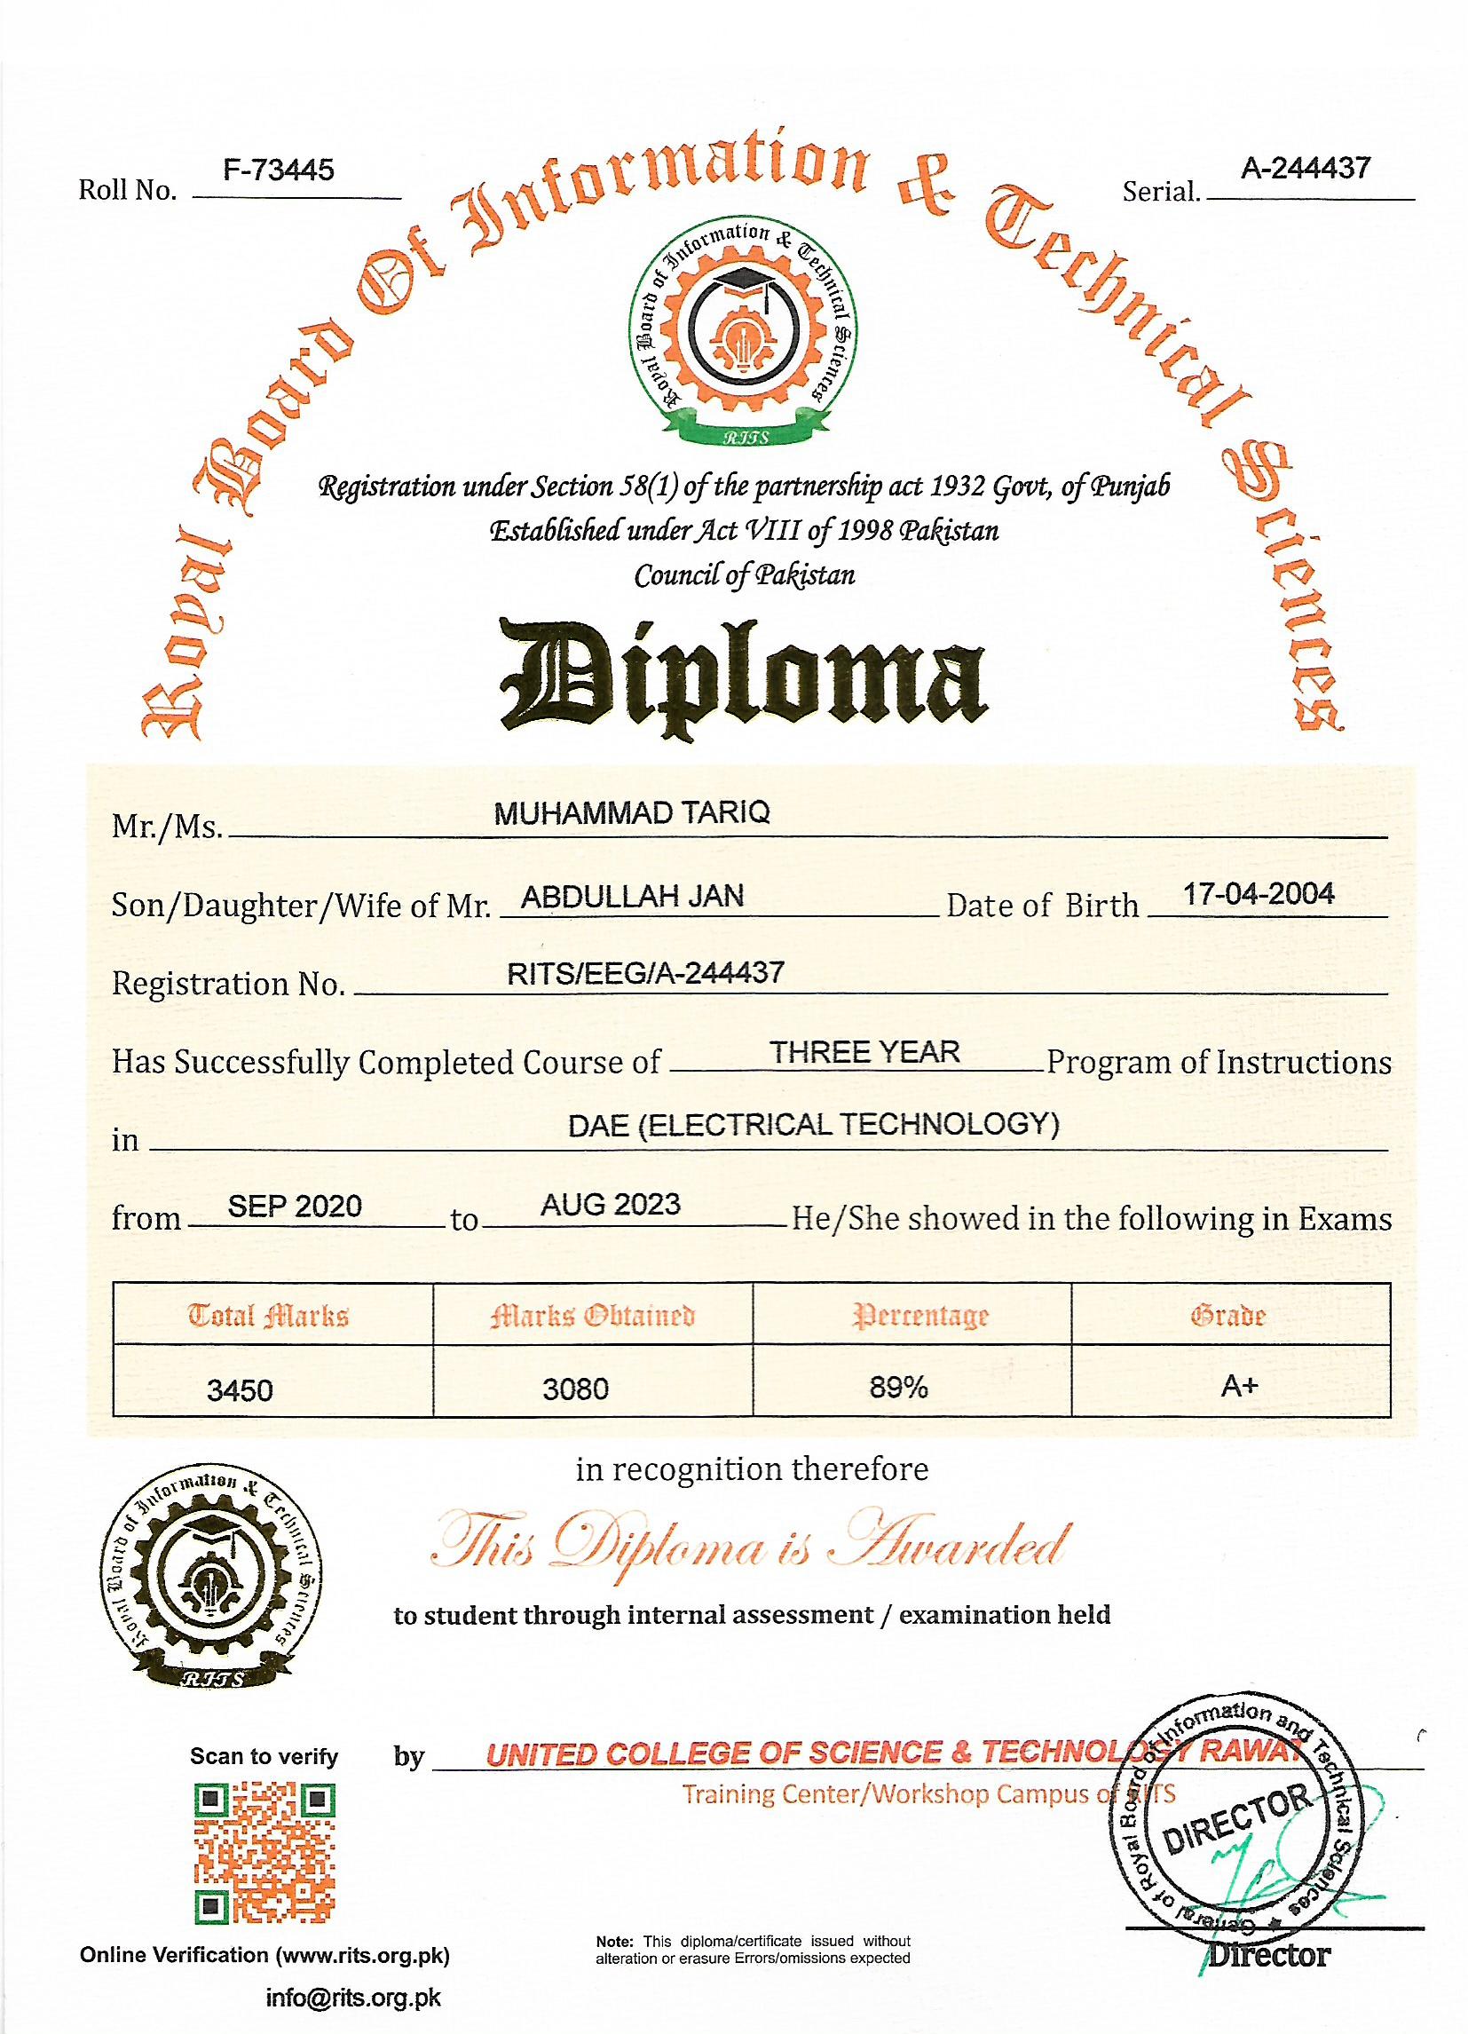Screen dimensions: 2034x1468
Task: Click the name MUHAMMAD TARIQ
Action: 631,812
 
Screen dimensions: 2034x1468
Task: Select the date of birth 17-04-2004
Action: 1259,892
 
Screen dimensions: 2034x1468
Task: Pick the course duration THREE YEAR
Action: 864,1051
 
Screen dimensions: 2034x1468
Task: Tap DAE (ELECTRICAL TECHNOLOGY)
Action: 813,1124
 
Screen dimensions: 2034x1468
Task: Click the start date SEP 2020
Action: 294,1207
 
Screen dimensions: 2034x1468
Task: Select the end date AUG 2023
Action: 610,1204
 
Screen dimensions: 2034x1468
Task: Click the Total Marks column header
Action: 267,1317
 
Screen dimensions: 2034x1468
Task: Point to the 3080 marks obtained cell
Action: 576,1389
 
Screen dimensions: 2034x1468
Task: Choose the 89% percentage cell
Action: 898,1388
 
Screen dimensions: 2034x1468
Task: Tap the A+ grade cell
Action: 1239,1386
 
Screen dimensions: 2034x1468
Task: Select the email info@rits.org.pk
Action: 353,1998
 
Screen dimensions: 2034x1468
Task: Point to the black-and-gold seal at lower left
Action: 211,1590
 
